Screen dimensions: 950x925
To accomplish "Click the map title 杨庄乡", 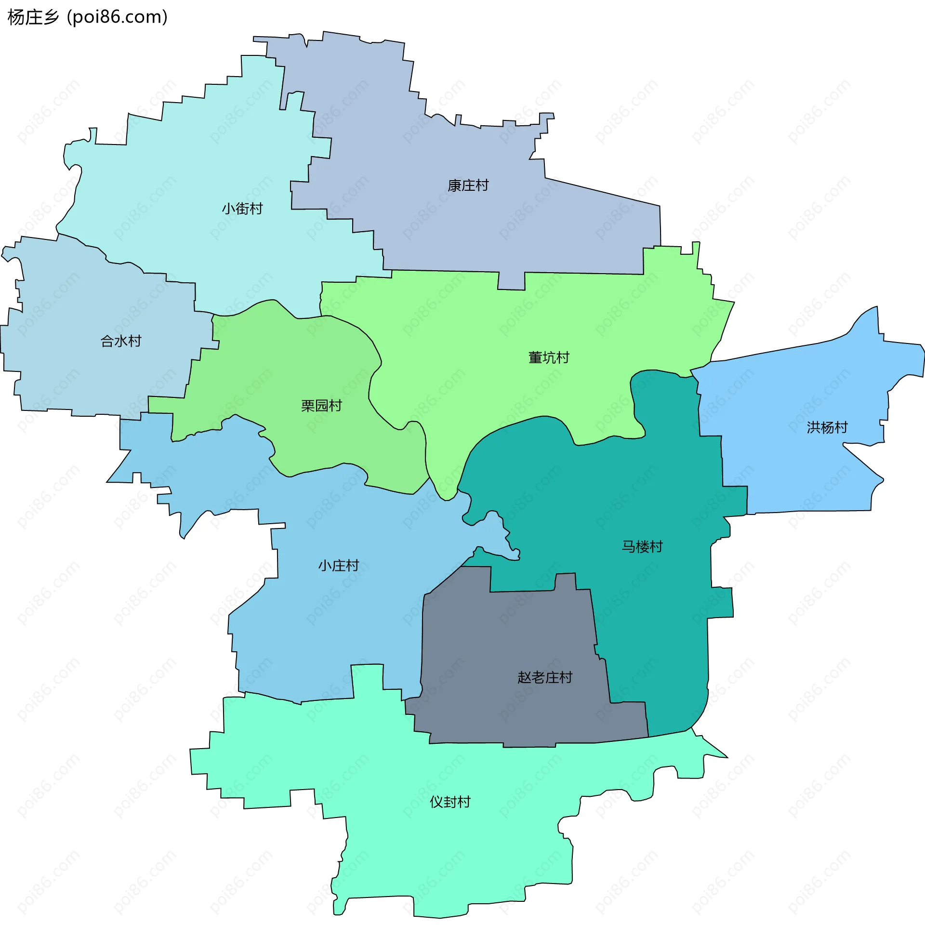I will tap(33, 17).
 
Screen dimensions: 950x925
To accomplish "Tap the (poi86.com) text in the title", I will tap(117, 17).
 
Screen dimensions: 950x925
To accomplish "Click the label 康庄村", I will tap(468, 185).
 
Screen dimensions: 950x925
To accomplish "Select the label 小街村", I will tap(242, 209).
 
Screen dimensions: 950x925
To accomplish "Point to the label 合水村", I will tap(121, 342).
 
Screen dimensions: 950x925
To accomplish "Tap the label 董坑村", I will tap(549, 358).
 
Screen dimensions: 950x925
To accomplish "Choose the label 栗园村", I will tap(322, 406).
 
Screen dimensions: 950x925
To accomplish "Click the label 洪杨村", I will tap(827, 427).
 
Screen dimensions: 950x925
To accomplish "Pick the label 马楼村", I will tap(642, 547).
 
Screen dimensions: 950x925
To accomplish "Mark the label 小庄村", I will tap(339, 566).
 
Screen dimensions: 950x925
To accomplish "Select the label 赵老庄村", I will tap(545, 677).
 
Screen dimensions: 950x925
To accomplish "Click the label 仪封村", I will tap(450, 802).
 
